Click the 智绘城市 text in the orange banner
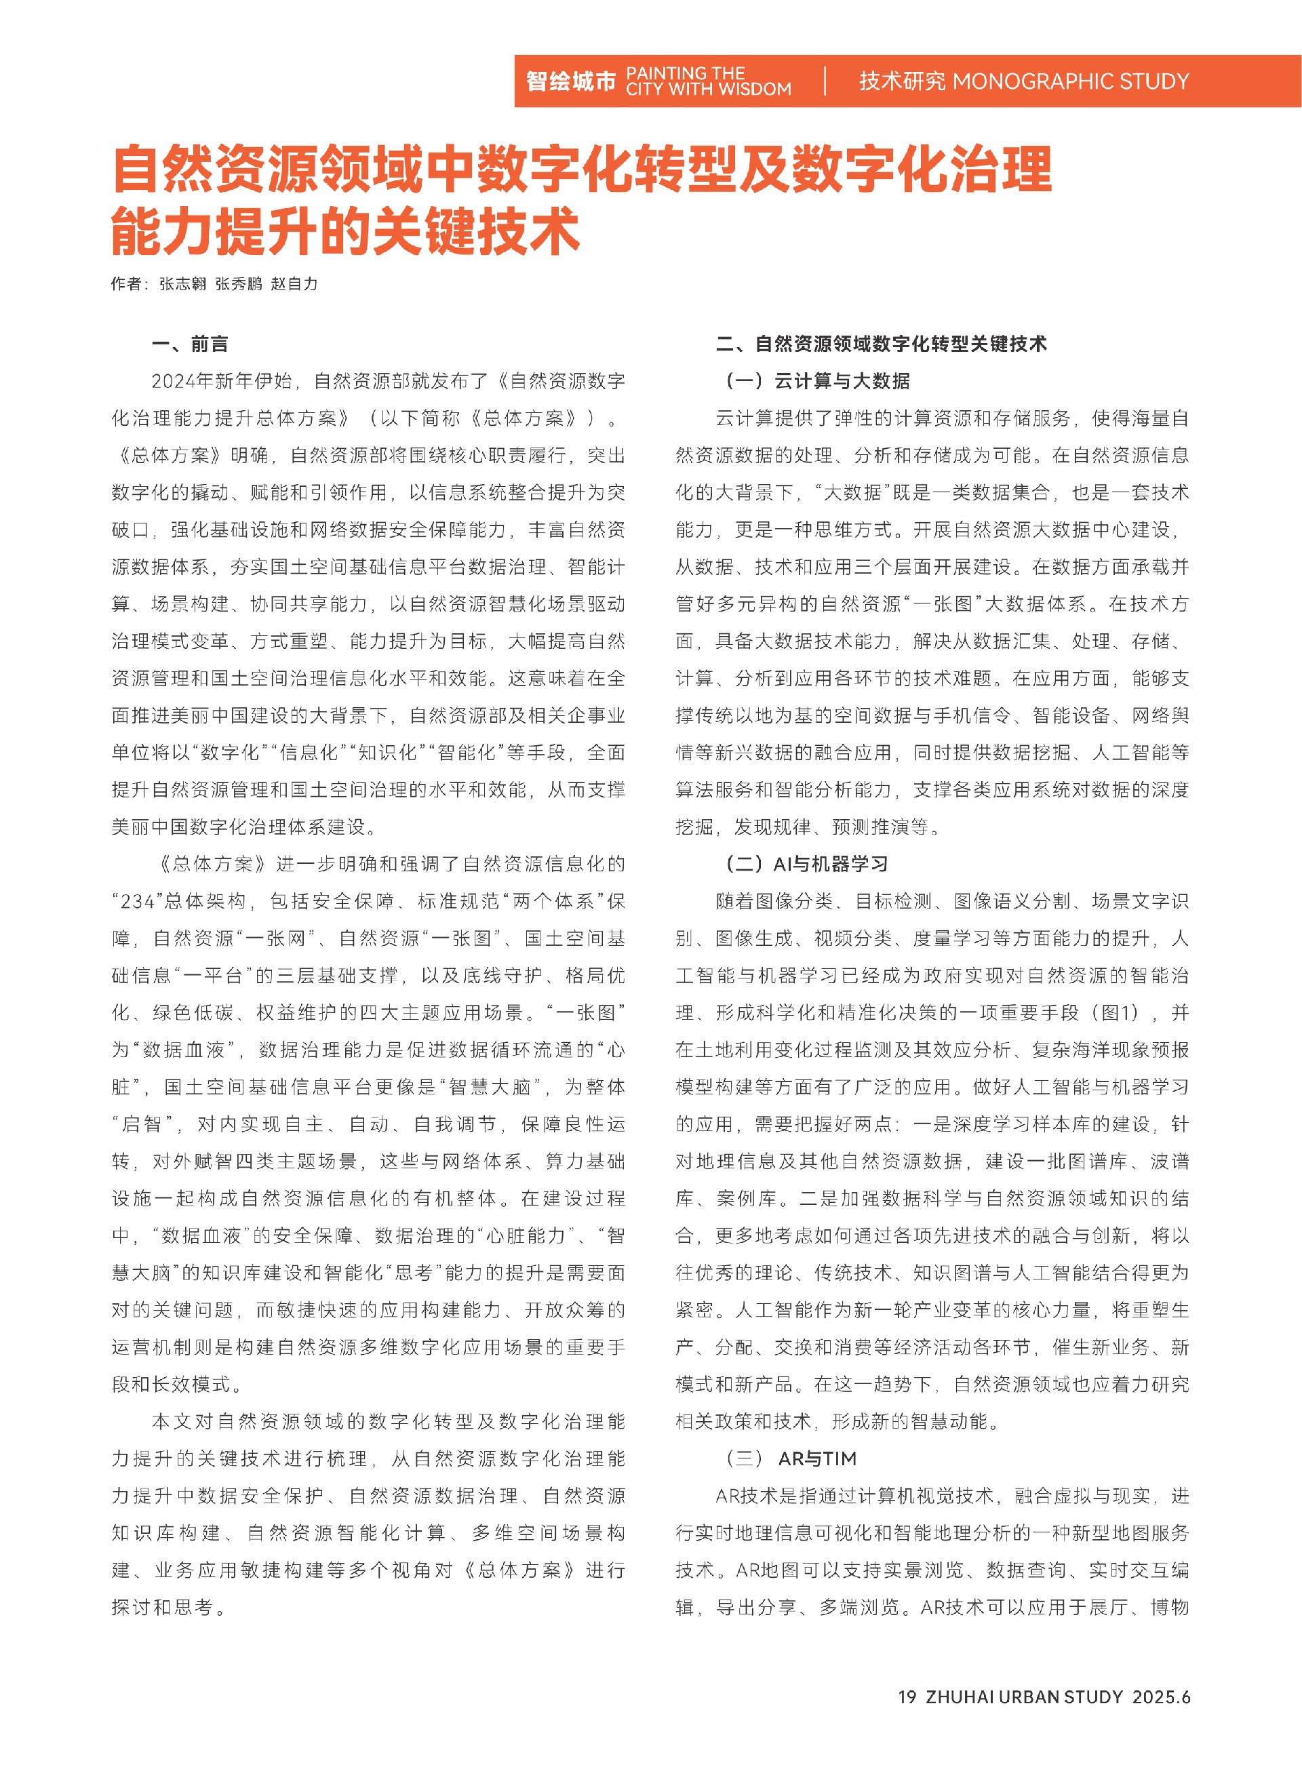coord(570,81)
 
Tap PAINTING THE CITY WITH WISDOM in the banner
coord(708,81)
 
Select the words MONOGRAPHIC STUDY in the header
coord(1070,81)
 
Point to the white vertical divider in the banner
coord(825,81)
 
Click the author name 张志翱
coord(183,283)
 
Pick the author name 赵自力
coord(294,283)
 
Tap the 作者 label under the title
coord(126,283)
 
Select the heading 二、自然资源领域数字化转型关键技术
coord(881,344)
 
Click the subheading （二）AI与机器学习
coord(806,864)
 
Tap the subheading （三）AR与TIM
coord(791,1459)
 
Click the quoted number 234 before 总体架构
coord(137,902)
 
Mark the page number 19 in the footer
coord(907,1697)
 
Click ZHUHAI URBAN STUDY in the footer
coord(1024,1697)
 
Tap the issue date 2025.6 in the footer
coord(1161,1697)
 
